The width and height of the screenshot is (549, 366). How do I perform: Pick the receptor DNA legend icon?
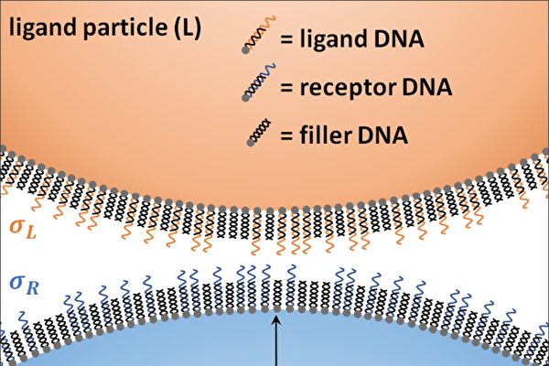point(256,89)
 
